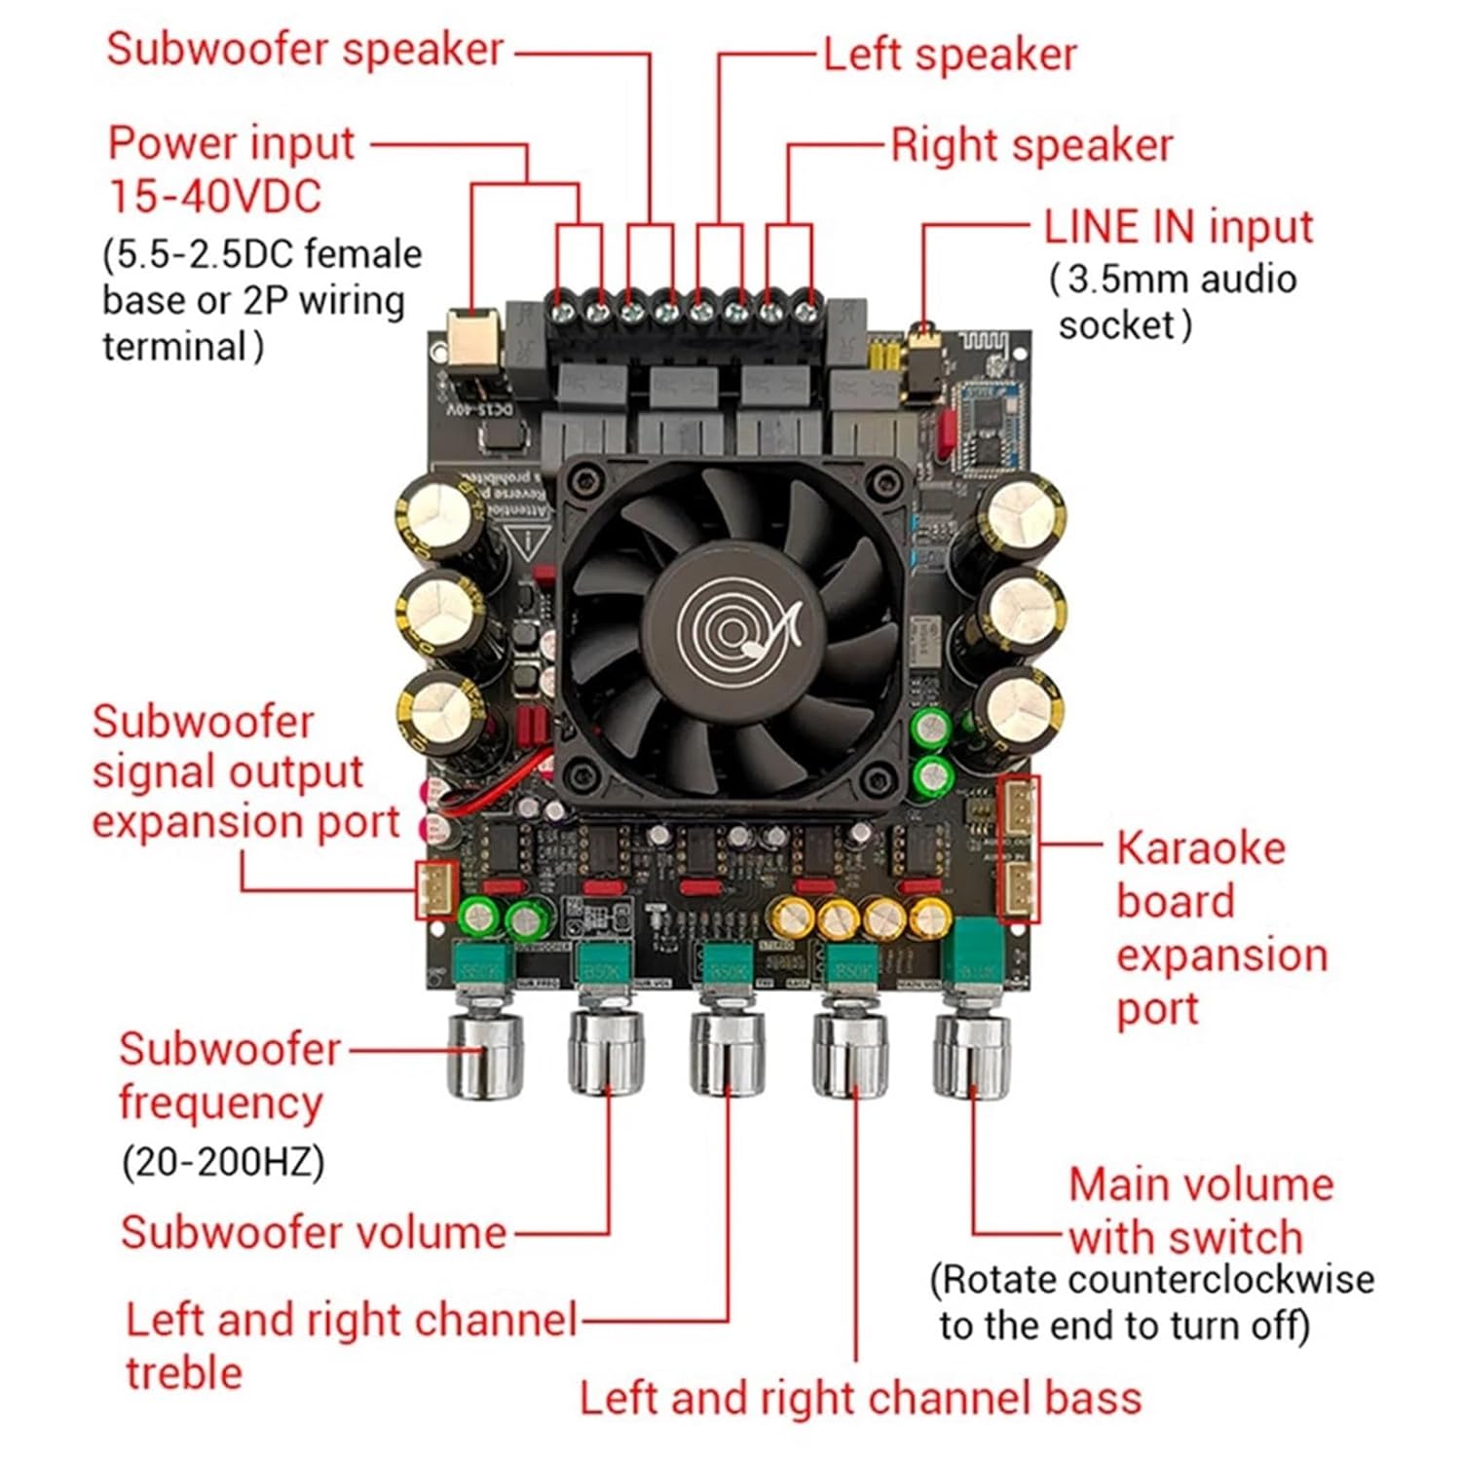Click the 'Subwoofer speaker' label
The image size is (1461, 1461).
click(x=305, y=51)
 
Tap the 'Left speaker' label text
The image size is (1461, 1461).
click(x=950, y=55)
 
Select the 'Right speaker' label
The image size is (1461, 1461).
click(x=1031, y=146)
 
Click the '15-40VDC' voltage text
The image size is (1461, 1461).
click(x=214, y=197)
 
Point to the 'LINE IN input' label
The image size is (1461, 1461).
click(x=1178, y=228)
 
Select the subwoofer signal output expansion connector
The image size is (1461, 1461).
click(x=436, y=889)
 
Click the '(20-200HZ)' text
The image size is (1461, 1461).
click(x=222, y=1162)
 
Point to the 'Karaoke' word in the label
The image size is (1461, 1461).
click(x=1200, y=848)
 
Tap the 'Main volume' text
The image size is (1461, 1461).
click(x=1201, y=1185)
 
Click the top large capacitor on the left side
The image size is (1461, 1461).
click(x=438, y=514)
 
